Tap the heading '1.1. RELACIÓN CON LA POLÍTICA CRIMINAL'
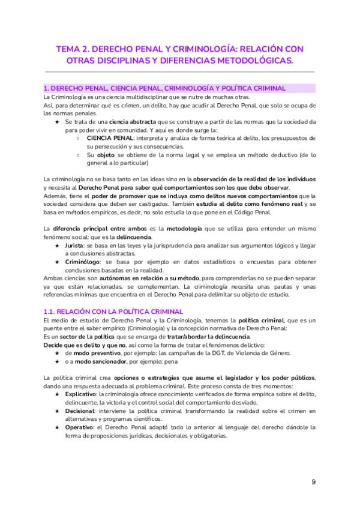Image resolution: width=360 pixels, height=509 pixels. pyautogui.click(x=113, y=311)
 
